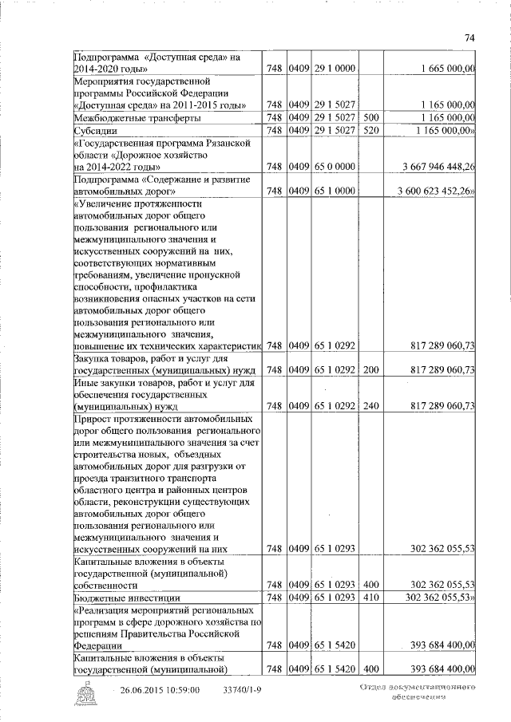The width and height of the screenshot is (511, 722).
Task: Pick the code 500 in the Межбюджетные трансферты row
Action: tap(370, 117)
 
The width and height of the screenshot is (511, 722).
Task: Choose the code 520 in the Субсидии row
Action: tap(370, 130)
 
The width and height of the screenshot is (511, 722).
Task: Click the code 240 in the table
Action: tap(370, 406)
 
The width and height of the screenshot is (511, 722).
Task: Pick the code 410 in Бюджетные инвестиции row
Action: tap(370, 598)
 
